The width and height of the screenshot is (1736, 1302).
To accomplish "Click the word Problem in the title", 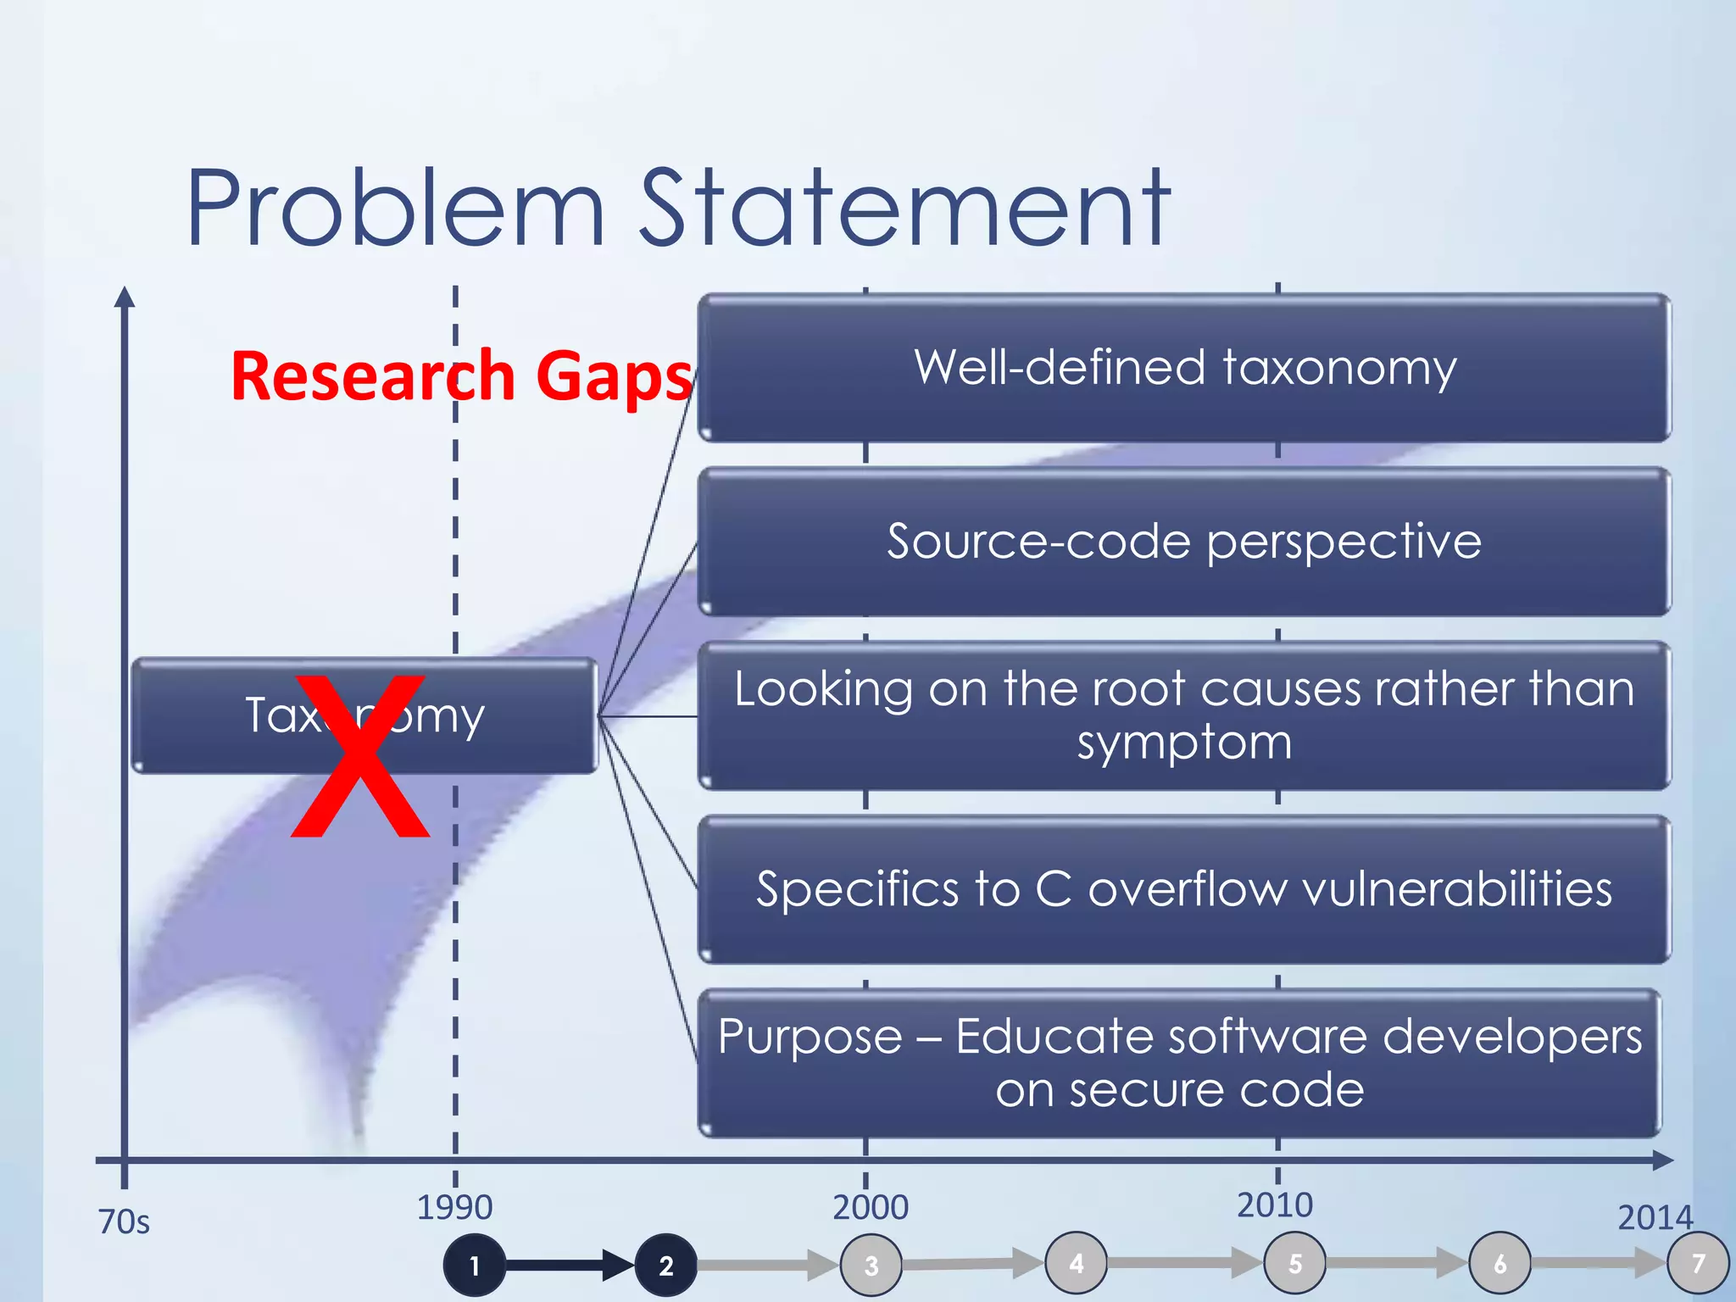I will (395, 208).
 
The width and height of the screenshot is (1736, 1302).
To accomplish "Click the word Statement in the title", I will (904, 208).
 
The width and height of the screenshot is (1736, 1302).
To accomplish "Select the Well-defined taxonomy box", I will (1184, 368).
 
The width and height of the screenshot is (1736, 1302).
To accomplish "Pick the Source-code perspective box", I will (1184, 541).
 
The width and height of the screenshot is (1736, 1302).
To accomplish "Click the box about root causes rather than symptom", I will (1184, 715).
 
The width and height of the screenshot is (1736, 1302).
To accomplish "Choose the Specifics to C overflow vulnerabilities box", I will (1184, 889).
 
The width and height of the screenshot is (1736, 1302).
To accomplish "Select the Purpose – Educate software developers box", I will (1179, 1063).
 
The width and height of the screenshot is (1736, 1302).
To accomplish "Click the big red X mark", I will (360, 757).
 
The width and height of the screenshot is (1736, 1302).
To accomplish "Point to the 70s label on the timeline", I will (124, 1222).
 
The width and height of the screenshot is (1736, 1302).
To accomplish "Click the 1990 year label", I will (454, 1207).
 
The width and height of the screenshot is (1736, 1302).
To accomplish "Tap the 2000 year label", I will (871, 1207).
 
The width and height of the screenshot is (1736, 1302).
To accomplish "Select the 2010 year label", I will (1275, 1205).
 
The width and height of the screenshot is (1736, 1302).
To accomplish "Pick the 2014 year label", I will (1655, 1218).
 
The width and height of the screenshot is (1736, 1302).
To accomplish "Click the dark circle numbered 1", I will (475, 1266).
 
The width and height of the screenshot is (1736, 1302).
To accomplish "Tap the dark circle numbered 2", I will (666, 1266).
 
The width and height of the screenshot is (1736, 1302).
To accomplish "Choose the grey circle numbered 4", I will (1077, 1263).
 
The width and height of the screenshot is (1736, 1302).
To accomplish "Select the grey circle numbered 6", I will (1500, 1264).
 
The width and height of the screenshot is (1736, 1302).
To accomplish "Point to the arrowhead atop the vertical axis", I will (125, 297).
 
